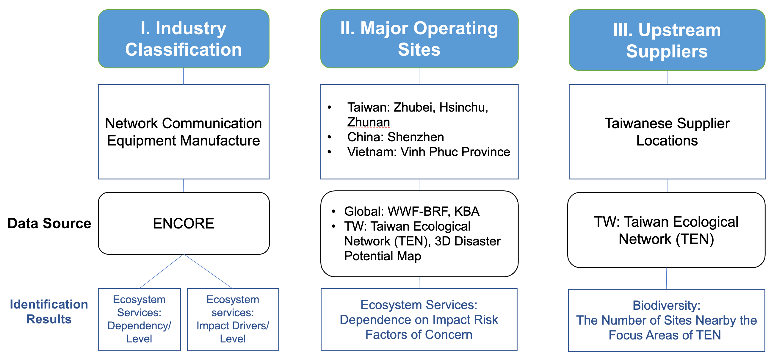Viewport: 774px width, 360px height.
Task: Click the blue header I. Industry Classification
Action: coord(184,39)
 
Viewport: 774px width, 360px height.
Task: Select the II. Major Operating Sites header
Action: coord(419,39)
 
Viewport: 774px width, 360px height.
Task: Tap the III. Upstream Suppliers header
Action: coord(667,40)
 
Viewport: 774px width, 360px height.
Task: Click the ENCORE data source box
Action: coord(184,223)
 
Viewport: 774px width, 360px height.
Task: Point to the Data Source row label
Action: coord(49,223)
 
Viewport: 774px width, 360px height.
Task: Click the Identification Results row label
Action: coord(49,312)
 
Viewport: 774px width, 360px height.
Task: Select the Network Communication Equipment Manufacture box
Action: coord(184,132)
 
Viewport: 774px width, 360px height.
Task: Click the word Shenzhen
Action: coord(416,137)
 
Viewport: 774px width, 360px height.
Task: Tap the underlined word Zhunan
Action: coord(369,122)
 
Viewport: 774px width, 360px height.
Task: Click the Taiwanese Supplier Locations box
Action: coord(667,132)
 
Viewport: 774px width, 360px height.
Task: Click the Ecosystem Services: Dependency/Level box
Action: coord(139,320)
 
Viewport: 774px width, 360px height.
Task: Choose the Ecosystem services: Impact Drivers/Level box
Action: coord(233,320)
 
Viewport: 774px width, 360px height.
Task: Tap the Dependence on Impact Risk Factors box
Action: coord(419,320)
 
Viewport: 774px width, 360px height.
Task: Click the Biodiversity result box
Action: coord(666,320)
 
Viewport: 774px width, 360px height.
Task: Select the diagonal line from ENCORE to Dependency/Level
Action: coord(161,271)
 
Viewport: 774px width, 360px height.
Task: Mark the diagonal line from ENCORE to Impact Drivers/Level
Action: coord(208,271)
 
